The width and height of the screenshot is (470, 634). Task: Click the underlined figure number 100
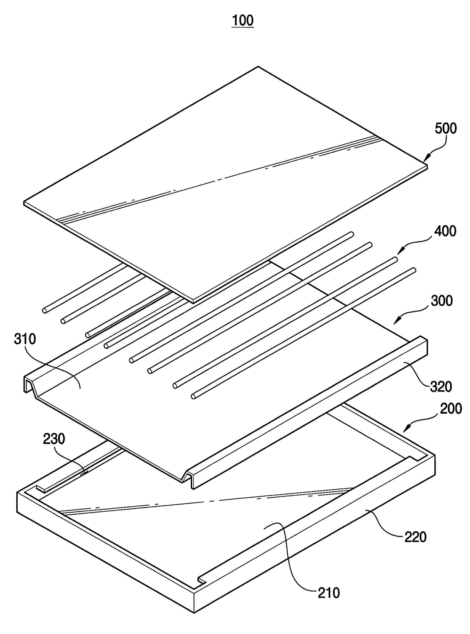(x=243, y=20)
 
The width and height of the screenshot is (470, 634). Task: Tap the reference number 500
(x=445, y=129)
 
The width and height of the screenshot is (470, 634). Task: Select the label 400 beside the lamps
(x=445, y=231)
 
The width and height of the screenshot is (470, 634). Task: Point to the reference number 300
(x=442, y=301)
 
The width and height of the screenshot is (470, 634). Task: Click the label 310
(x=25, y=339)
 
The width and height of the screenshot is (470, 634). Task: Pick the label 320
(x=441, y=386)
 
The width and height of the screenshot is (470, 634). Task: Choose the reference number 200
(x=451, y=409)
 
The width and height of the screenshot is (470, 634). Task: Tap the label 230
(x=54, y=439)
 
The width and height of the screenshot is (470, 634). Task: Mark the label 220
(x=415, y=537)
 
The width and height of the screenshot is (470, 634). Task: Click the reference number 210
(x=329, y=592)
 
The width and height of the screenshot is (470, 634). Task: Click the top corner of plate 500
(x=258, y=67)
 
